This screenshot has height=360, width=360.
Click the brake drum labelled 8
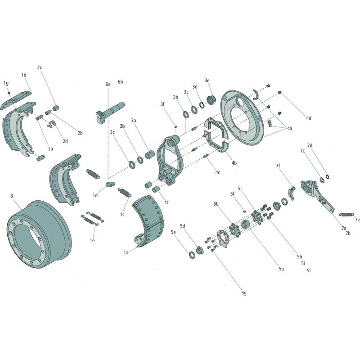coord(39,234)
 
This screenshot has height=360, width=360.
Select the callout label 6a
coord(108,84)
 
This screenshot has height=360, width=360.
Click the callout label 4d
coord(309,118)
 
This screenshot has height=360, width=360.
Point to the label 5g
coord(244,293)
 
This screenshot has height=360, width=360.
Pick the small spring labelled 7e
coord(346,215)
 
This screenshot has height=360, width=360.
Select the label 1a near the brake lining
coord(126,252)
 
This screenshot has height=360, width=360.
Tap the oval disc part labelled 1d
coord(110,184)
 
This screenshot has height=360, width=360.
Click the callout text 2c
coord(40,67)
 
